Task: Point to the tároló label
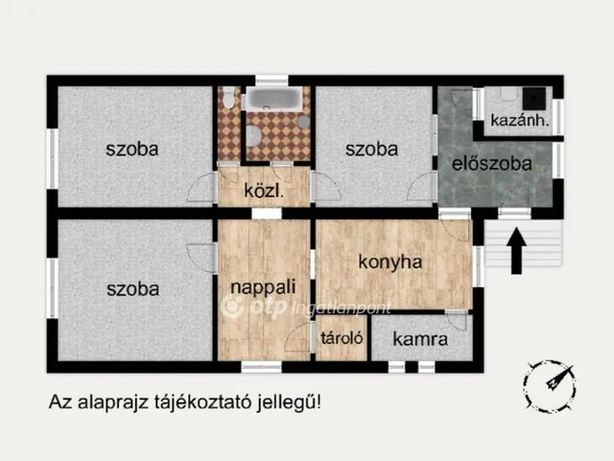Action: pyautogui.click(x=340, y=338)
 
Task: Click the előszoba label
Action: pyautogui.click(x=492, y=163)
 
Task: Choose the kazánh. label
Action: pyautogui.click(x=519, y=121)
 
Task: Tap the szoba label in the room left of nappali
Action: pyautogui.click(x=132, y=288)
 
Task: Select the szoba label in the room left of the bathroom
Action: pyautogui.click(x=132, y=149)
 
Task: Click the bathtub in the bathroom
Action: pyautogui.click(x=272, y=99)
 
